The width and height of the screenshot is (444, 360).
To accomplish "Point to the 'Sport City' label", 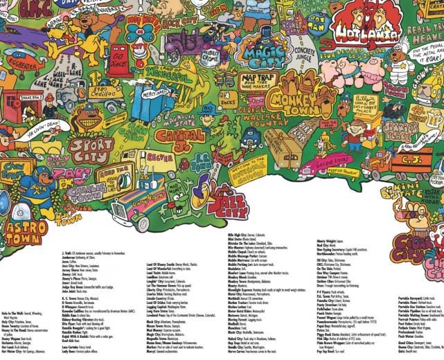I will [90, 149].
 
